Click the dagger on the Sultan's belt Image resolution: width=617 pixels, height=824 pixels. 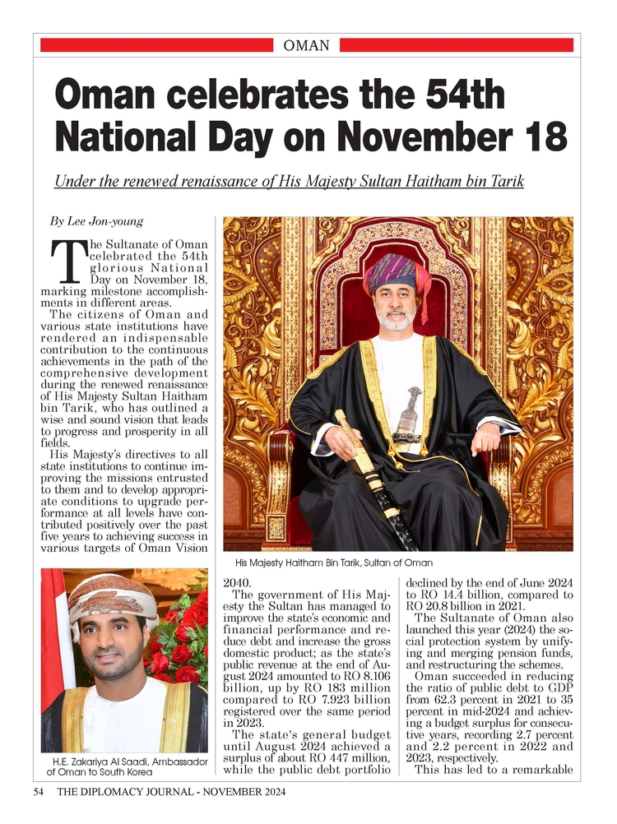coord(406,411)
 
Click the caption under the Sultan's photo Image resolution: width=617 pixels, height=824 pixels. coord(333,562)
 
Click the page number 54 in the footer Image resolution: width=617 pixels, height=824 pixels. coord(38,793)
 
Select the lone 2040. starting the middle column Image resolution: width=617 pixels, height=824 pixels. coord(239,583)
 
